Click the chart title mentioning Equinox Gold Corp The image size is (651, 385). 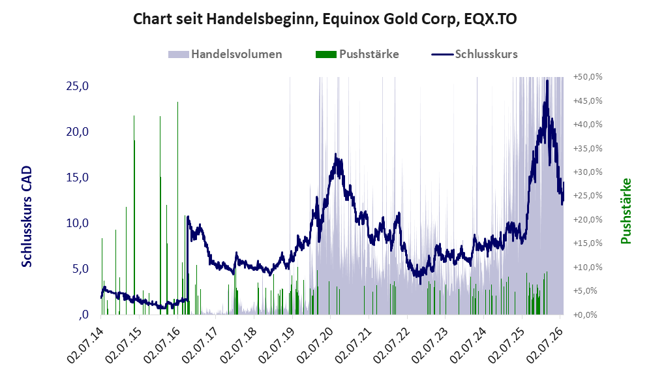coord(325,19)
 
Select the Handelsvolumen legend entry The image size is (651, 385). coord(225,54)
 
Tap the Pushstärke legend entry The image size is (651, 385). coord(357,54)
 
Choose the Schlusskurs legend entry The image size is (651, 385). coord(474,54)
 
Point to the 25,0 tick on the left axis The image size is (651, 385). coord(78,86)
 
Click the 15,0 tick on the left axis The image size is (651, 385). coord(78,177)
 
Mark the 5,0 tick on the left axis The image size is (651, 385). coord(80,269)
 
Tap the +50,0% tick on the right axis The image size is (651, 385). coord(588,77)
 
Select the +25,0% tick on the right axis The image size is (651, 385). coord(588,196)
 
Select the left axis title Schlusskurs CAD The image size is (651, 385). coord(26,217)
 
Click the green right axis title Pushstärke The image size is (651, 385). coord(626,211)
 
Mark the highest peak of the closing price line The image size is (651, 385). coord(547,80)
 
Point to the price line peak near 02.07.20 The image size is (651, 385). coord(335,155)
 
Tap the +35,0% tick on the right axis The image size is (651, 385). coord(588,148)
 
